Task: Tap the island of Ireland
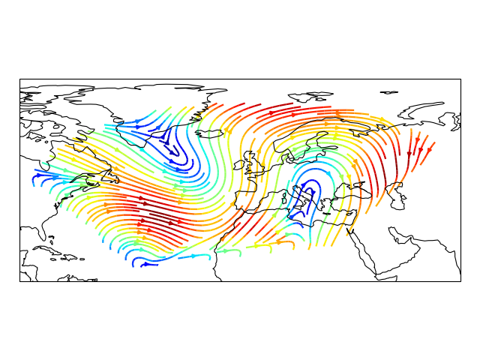pyautogui.click(x=245, y=163)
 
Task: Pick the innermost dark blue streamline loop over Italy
pyautogui.click(x=305, y=196)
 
